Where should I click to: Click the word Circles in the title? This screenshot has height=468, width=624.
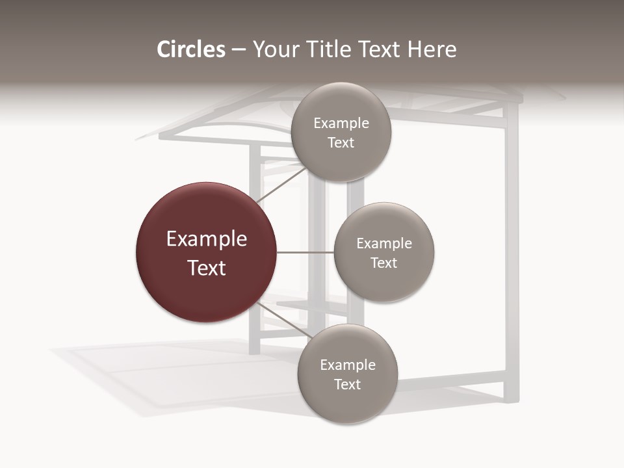191,49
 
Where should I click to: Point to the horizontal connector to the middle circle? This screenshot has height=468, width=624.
305,252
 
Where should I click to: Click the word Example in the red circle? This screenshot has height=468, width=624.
207,239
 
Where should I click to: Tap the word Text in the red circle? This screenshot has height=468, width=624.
207,268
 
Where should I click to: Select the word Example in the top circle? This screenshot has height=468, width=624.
341,123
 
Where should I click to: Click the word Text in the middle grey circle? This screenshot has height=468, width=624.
383,263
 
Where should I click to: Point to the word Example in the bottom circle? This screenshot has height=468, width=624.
348,365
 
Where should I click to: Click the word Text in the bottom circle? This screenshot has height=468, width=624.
347,385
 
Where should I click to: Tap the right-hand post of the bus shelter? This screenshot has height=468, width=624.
512,260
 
